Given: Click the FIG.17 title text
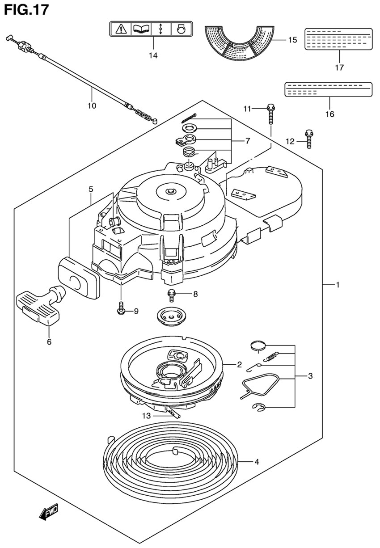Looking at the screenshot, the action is (26, 10).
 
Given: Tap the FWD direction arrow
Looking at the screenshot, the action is (49, 511).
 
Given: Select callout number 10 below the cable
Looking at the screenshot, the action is (92, 106).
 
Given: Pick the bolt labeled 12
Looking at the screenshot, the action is (309, 139).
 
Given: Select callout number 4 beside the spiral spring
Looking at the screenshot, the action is (257, 462).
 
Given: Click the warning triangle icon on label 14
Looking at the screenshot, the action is (121, 30).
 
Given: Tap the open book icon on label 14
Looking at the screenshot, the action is (141, 30).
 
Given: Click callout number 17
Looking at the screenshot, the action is (339, 67).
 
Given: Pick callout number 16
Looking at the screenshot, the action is (329, 114).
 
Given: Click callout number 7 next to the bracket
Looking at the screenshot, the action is (248, 141).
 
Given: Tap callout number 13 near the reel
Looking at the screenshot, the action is (147, 416).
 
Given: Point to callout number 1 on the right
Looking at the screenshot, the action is (338, 285).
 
